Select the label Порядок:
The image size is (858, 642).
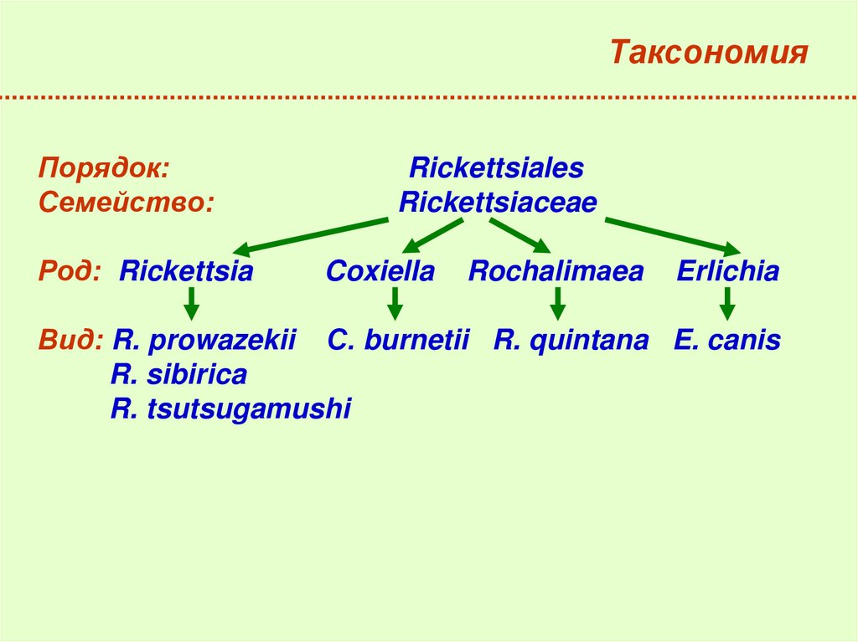coord(104,167)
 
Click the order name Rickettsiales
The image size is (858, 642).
coord(496,167)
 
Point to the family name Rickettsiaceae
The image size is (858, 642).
coord(498,203)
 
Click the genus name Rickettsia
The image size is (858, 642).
coord(186,271)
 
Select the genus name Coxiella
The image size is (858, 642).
coord(380,271)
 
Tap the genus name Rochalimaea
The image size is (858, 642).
coord(556,271)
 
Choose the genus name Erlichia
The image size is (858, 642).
coord(727,271)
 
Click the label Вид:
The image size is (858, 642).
coord(71,341)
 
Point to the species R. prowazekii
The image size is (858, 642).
coord(205,341)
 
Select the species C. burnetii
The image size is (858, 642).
coord(398,341)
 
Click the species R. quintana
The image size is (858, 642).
coord(571,341)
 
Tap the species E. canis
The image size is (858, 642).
coord(726,341)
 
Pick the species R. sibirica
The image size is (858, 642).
coord(178,375)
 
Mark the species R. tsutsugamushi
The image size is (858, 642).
coord(230,409)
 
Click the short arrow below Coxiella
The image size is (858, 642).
coord(395,303)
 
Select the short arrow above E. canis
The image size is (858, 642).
coord(727,303)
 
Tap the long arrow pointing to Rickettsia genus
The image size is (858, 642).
coord(310,235)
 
